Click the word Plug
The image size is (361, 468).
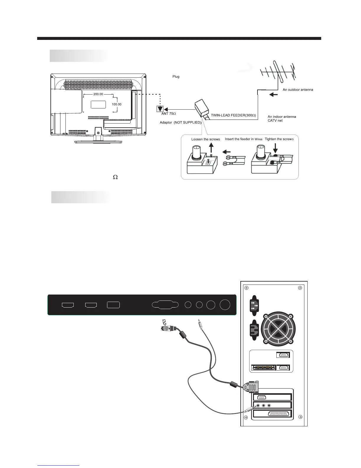click(x=176, y=77)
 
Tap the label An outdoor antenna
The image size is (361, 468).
click(x=298, y=90)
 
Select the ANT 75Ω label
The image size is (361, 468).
click(x=169, y=114)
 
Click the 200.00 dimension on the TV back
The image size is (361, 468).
click(x=98, y=94)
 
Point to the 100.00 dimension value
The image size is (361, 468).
click(x=116, y=104)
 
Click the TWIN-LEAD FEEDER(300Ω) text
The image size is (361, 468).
click(x=233, y=115)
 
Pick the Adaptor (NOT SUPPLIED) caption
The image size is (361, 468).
click(x=180, y=122)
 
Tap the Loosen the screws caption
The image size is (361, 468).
click(x=206, y=139)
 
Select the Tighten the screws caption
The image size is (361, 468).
click(x=279, y=139)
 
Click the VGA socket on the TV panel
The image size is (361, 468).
click(x=165, y=305)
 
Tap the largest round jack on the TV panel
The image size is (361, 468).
click(x=225, y=305)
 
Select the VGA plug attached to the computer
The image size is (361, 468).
click(x=251, y=387)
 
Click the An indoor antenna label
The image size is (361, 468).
click(x=282, y=117)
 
